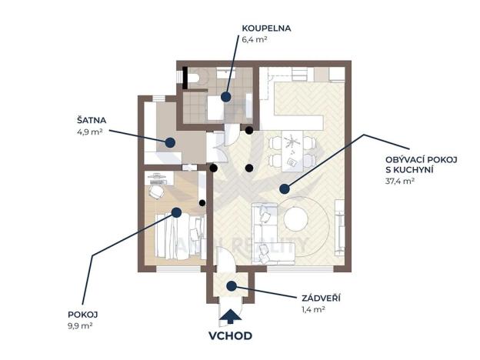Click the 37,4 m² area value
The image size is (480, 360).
pos(400,182)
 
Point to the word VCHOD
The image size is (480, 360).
pos(231,336)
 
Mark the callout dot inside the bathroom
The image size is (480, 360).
pos(226,97)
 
